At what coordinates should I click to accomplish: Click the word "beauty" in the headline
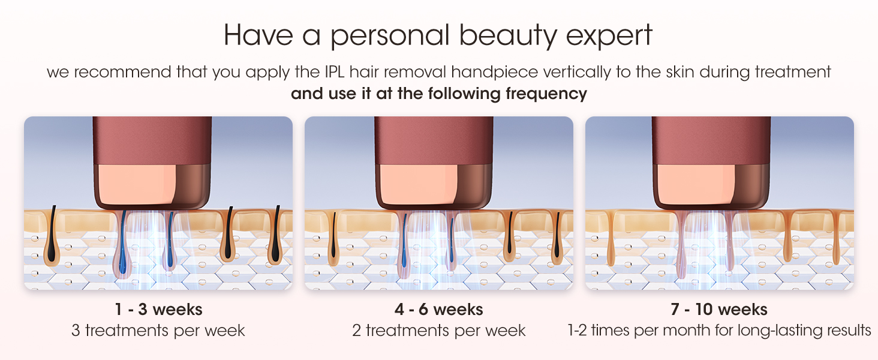[507, 36]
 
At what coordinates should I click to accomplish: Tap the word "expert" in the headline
[609, 37]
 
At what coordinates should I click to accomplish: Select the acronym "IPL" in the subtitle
[334, 72]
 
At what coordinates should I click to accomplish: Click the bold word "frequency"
[546, 94]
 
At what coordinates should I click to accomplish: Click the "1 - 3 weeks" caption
[158, 310]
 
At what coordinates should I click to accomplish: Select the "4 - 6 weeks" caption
[438, 310]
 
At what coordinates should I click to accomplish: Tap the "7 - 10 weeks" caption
[719, 310]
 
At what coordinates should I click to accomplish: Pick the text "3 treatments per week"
[158, 331]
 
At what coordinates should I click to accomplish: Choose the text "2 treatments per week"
[438, 331]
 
